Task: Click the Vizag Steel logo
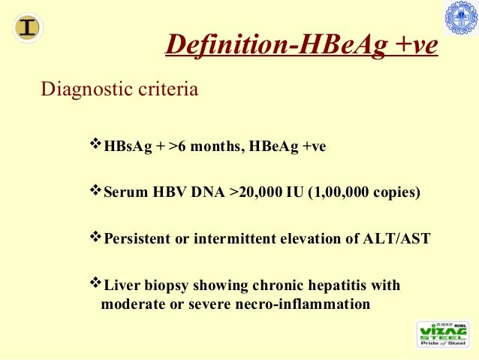pyautogui.click(x=443, y=334)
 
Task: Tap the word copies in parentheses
pyautogui.click(x=392, y=192)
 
